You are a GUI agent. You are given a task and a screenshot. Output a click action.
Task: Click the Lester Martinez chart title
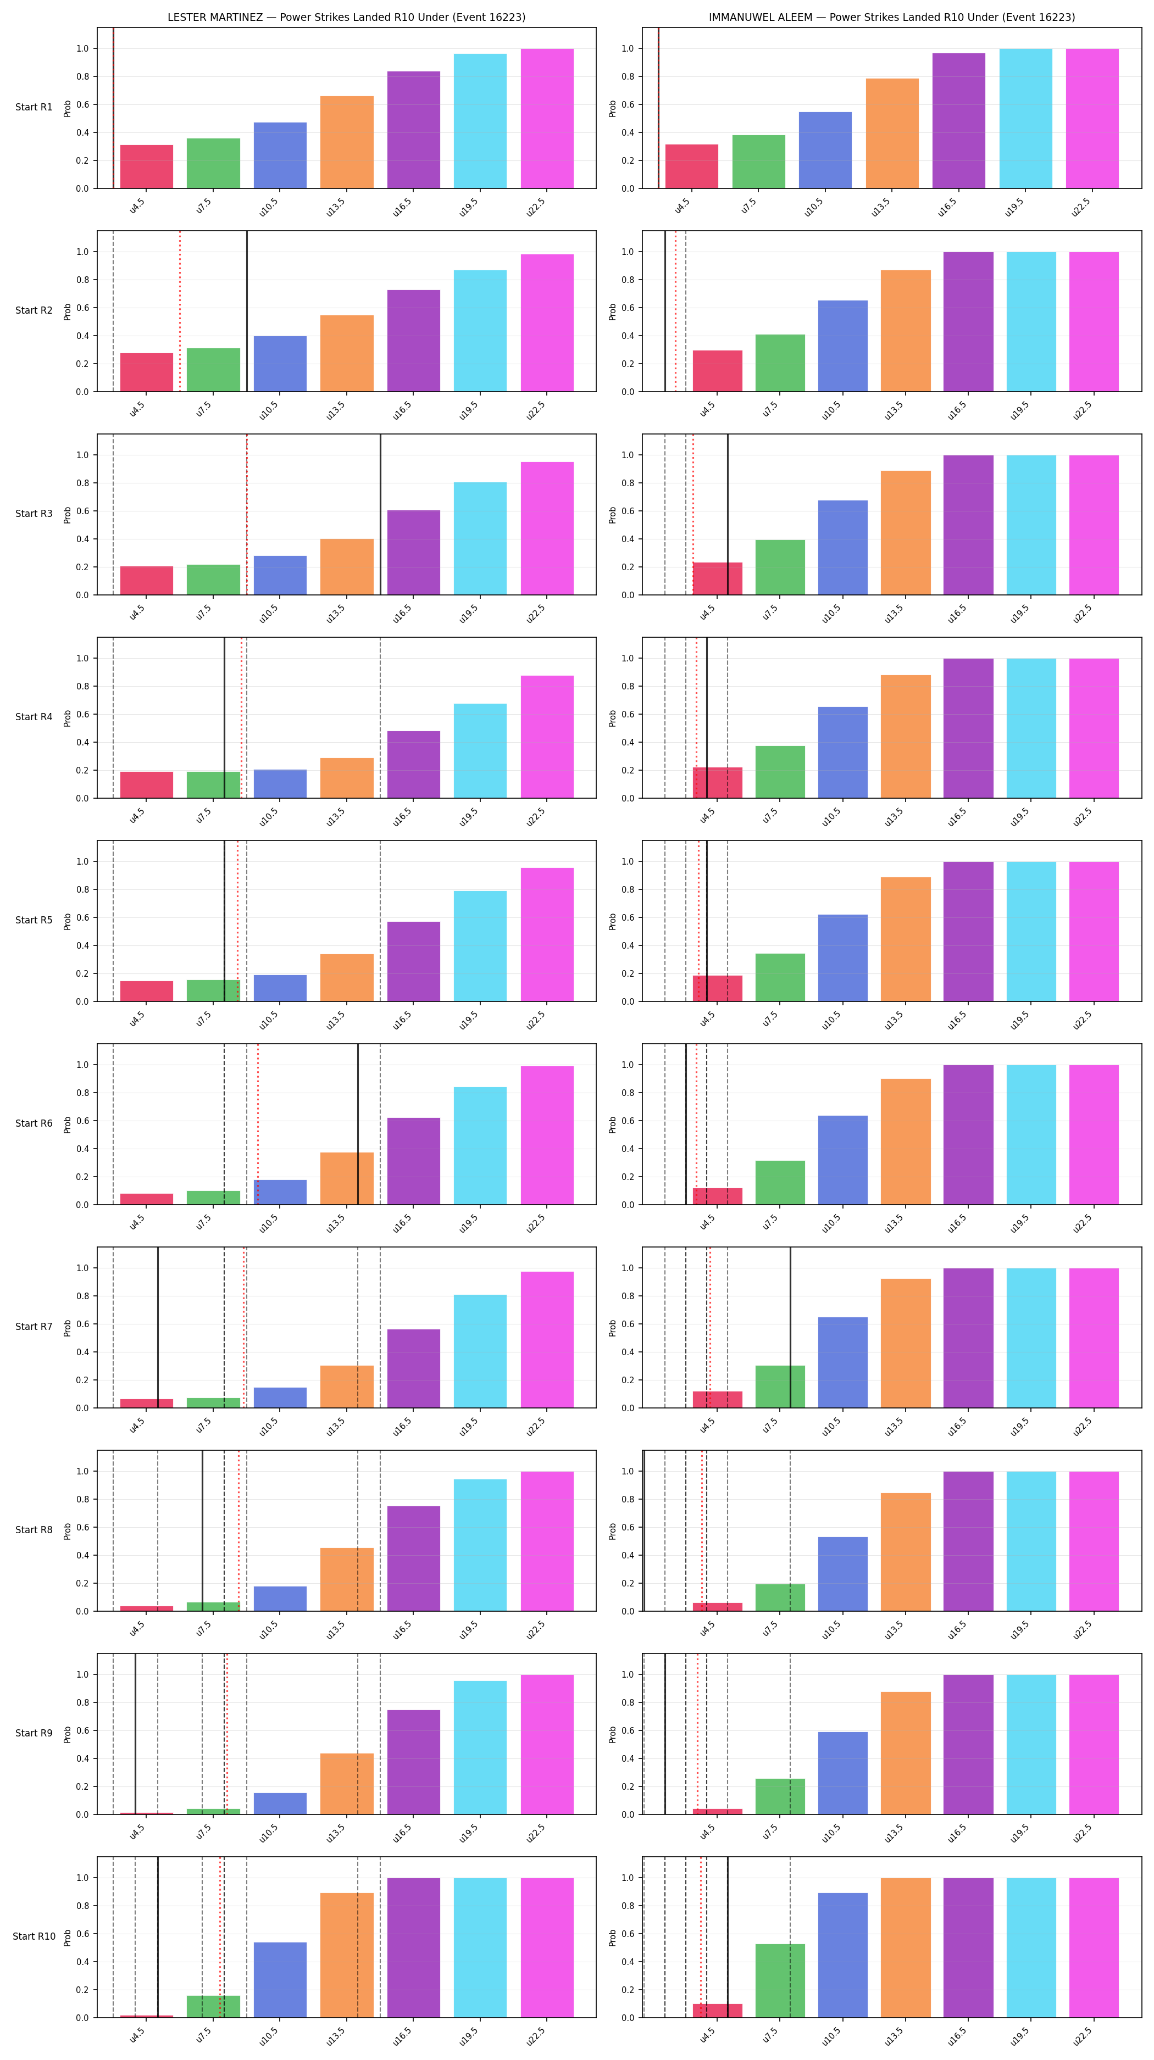click(346, 17)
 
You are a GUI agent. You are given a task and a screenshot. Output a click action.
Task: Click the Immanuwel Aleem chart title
click(892, 17)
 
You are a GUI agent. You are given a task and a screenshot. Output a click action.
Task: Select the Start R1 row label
click(34, 107)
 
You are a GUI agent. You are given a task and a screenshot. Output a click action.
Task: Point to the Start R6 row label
click(34, 1123)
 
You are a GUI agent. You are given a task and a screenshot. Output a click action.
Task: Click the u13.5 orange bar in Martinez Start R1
click(347, 142)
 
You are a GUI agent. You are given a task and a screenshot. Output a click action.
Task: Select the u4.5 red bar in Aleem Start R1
click(692, 166)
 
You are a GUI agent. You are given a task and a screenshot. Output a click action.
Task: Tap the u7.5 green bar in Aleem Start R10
click(780, 1981)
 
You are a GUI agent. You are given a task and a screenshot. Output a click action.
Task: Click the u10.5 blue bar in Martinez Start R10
click(280, 1980)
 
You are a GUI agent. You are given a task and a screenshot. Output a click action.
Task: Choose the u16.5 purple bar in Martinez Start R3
click(413, 553)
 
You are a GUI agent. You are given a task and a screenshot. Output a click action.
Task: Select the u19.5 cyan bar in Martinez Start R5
click(480, 946)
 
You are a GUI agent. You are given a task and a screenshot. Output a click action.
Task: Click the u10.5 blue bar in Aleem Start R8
click(843, 1574)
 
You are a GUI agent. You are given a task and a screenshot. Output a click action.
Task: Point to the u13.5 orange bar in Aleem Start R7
click(906, 1344)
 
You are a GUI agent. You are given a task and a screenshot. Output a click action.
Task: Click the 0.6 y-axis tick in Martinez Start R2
click(82, 308)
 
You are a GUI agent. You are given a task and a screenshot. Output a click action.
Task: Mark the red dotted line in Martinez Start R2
click(180, 311)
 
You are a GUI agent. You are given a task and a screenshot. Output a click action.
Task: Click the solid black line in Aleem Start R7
click(790, 1328)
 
